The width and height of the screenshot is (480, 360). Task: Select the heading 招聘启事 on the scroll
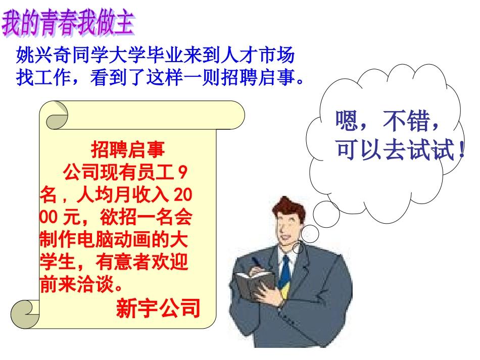(127, 149)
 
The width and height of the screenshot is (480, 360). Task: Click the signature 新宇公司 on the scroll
(158, 308)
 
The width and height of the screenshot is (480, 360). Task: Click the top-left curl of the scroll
(57, 116)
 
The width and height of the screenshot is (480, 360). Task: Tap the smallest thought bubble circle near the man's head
(298, 248)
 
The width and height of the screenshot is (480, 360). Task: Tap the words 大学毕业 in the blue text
(154, 54)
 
